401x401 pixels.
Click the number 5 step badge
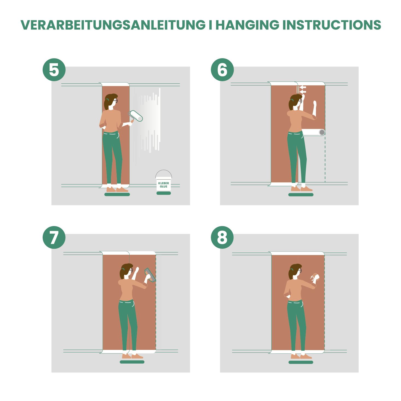coord(54,70)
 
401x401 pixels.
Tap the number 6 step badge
coord(222,70)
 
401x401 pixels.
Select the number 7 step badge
coord(54,238)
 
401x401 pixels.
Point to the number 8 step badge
coord(222,238)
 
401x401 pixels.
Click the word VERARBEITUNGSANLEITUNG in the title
coord(113,25)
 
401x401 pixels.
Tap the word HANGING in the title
coord(247,25)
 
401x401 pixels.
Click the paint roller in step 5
coord(136,116)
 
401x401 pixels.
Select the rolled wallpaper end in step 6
coord(313,132)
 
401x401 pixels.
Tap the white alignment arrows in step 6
coord(302,89)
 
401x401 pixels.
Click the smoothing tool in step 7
coord(150,275)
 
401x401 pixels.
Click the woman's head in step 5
coord(111,102)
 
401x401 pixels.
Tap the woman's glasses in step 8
coord(300,271)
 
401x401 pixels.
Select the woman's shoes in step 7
coord(132,356)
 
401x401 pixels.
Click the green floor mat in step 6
coord(301,195)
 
